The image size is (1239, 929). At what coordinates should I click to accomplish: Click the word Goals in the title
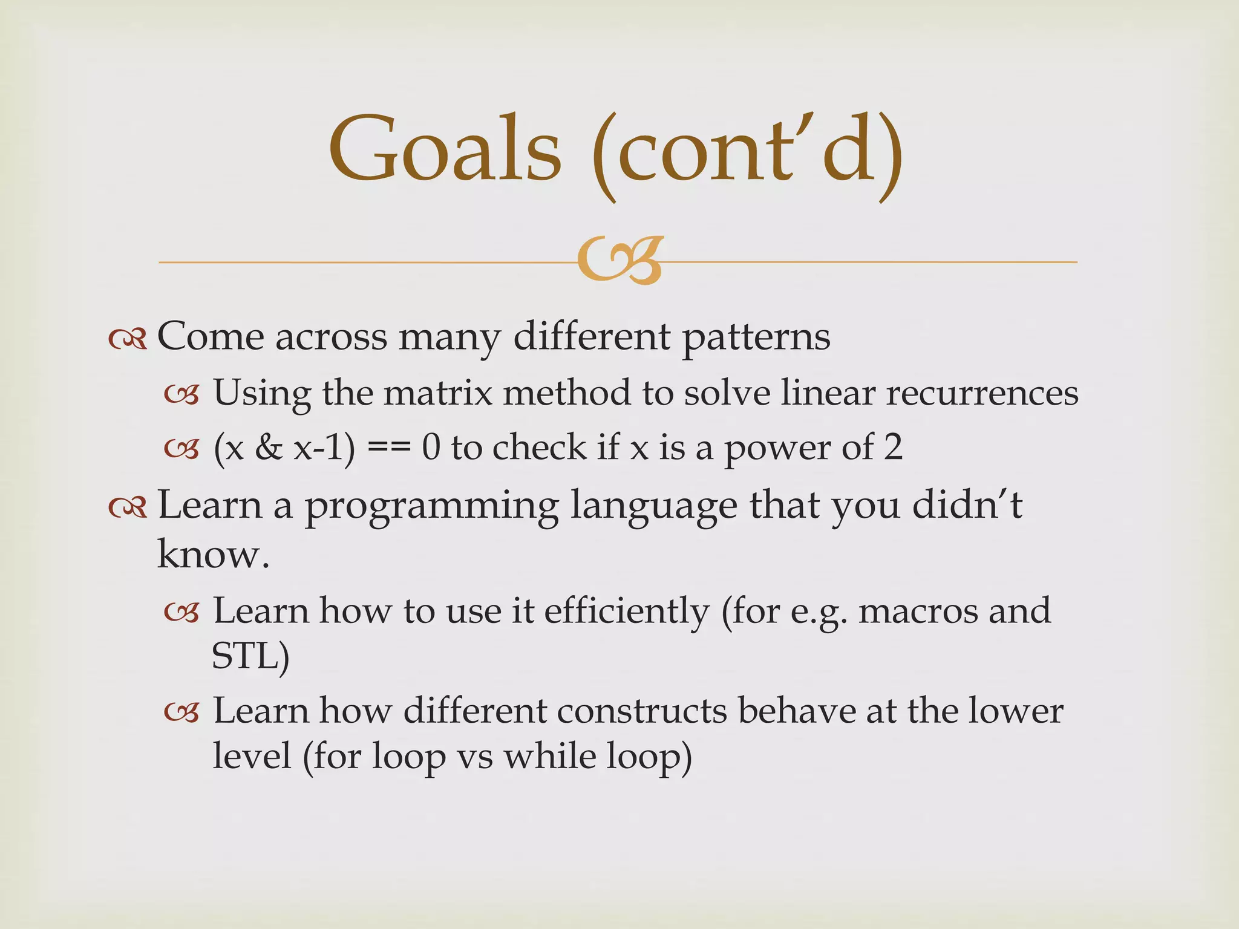(x=445, y=150)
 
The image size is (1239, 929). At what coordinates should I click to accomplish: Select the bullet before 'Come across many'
(x=128, y=340)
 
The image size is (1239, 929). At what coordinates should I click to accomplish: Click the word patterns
(x=756, y=337)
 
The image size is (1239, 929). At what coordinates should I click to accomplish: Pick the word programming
(x=431, y=507)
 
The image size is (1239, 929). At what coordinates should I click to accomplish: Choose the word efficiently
(x=626, y=611)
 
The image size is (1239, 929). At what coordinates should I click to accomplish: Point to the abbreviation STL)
(x=250, y=656)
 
